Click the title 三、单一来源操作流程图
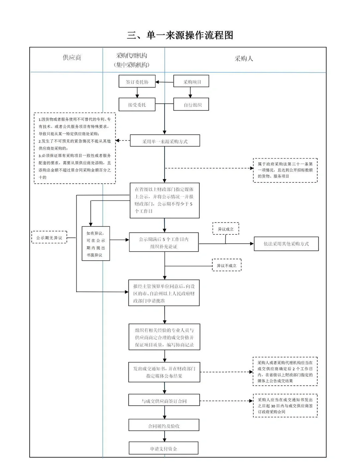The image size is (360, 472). [180, 35]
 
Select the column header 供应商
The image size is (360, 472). [72, 58]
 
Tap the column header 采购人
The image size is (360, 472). [244, 59]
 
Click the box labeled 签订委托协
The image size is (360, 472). [137, 82]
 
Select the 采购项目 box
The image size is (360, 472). [191, 82]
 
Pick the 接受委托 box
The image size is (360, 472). [137, 105]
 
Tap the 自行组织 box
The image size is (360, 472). [191, 105]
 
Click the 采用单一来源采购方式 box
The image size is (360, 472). [165, 141]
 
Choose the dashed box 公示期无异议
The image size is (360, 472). [49, 237]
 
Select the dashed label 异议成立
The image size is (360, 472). [226, 229]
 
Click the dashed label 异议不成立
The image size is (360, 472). [227, 265]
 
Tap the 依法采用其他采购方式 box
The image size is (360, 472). [286, 244]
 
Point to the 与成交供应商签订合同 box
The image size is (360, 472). [164, 401]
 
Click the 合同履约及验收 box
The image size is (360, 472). [164, 426]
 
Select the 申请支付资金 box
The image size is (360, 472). [163, 448]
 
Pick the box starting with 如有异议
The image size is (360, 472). [96, 244]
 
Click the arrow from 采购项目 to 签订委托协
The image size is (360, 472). [164, 82]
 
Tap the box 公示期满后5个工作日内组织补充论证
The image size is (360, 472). [164, 242]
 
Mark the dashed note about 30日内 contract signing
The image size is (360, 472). [285, 406]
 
